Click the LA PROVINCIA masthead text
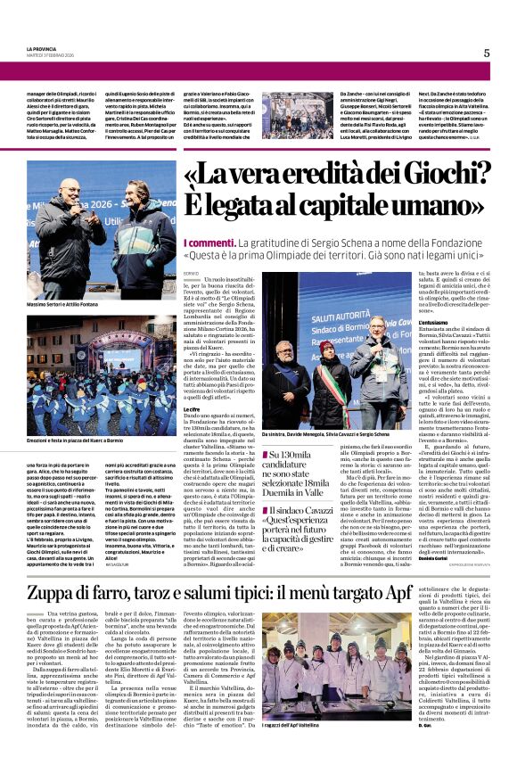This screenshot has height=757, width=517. point(42,49)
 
